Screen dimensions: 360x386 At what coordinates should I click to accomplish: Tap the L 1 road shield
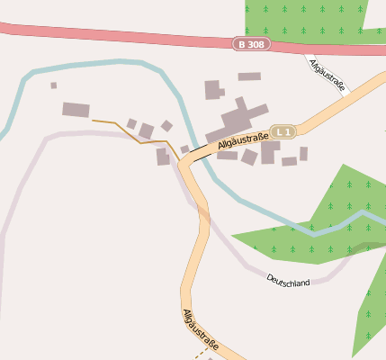coord(284,131)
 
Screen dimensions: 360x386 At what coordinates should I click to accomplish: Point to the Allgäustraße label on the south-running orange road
coord(202,329)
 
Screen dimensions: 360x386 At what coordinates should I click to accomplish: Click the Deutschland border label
coord(288,282)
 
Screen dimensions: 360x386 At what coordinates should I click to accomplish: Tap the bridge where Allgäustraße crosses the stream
coord(199,156)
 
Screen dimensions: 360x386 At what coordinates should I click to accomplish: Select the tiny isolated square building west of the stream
coord(53,85)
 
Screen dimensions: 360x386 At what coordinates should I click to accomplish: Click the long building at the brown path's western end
coord(76,110)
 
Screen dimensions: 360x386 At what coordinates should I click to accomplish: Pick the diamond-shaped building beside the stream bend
coord(166,126)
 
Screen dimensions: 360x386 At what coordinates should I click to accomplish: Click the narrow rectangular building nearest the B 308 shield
coord(249,76)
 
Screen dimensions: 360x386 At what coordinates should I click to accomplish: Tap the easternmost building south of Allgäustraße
coord(303,154)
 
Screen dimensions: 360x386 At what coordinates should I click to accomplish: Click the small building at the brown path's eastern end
coord(163,157)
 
